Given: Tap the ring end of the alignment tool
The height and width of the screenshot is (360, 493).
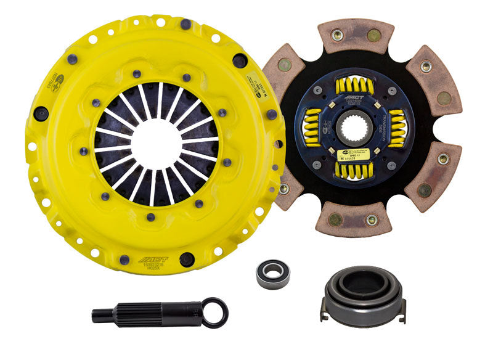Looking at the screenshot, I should click(x=216, y=313).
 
